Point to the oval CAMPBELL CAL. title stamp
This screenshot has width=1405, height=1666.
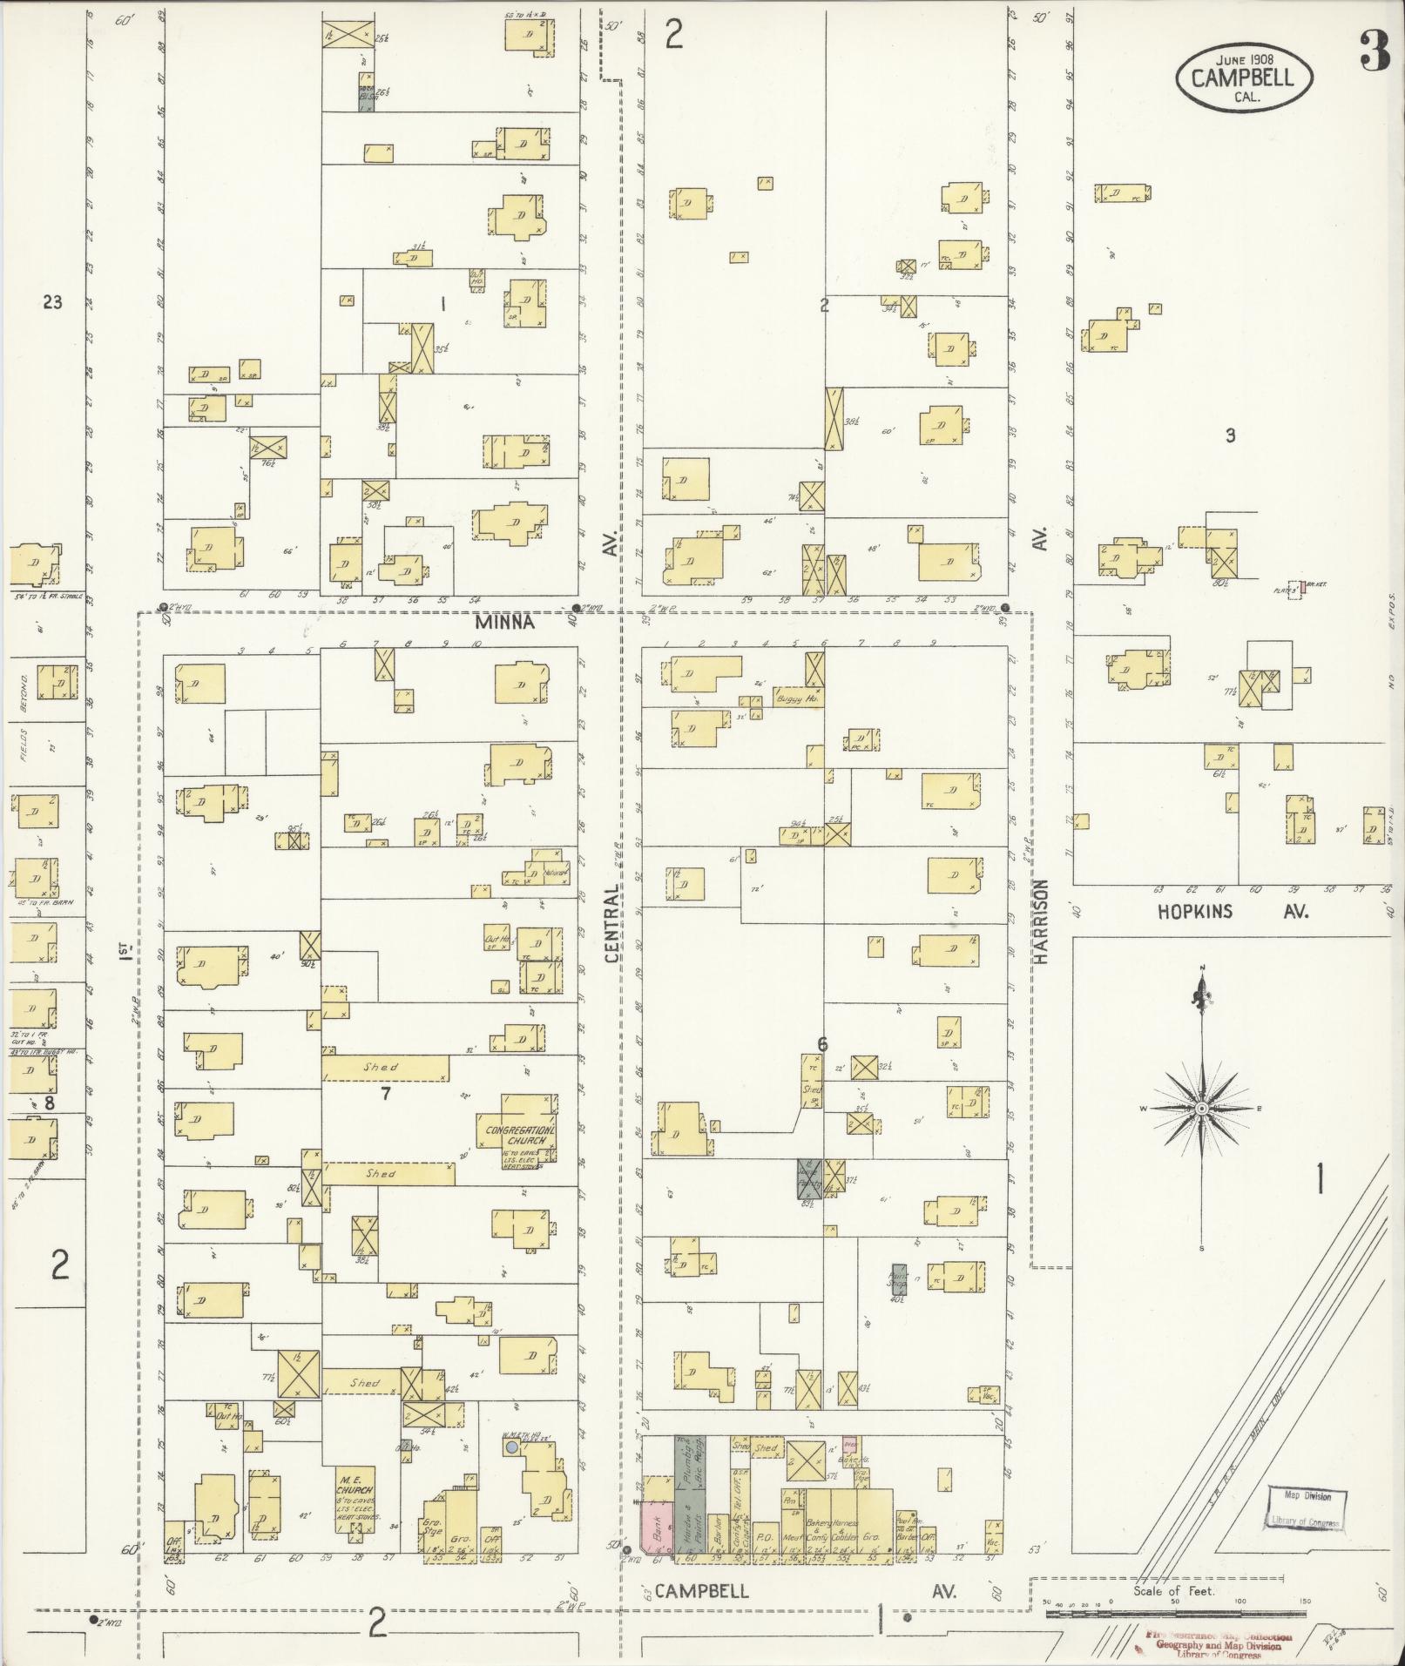tap(1244, 78)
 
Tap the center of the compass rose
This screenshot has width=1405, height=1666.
tap(1201, 1108)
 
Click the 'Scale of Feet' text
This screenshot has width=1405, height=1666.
tap(1173, 1591)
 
